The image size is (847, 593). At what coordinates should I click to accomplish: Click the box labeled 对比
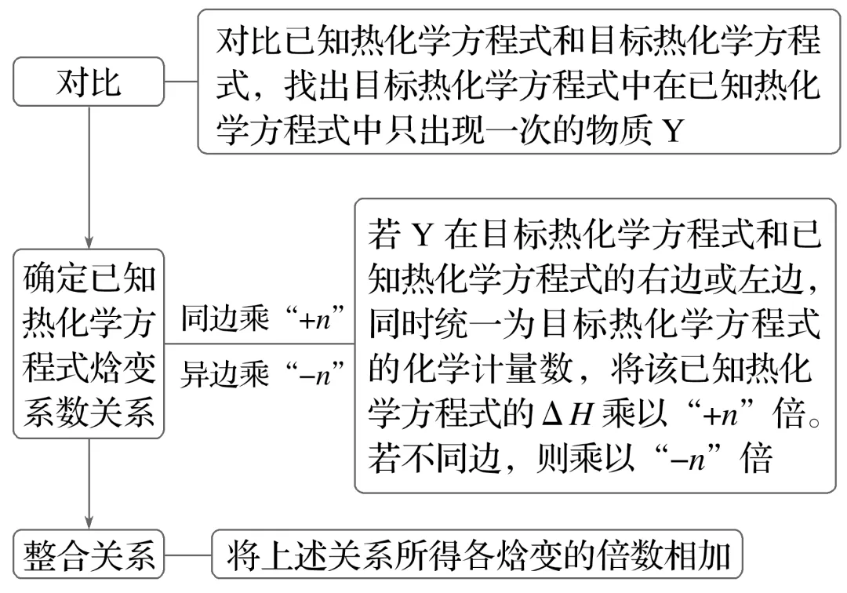tap(89, 82)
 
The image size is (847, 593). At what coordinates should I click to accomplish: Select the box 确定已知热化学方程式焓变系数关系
tap(89, 344)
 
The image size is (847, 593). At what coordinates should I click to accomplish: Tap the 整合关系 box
tap(89, 555)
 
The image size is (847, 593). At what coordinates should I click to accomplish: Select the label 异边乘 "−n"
tap(264, 373)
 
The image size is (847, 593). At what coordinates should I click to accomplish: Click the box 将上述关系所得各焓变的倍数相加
tap(479, 555)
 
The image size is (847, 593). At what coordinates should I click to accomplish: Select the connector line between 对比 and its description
tap(181, 82)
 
